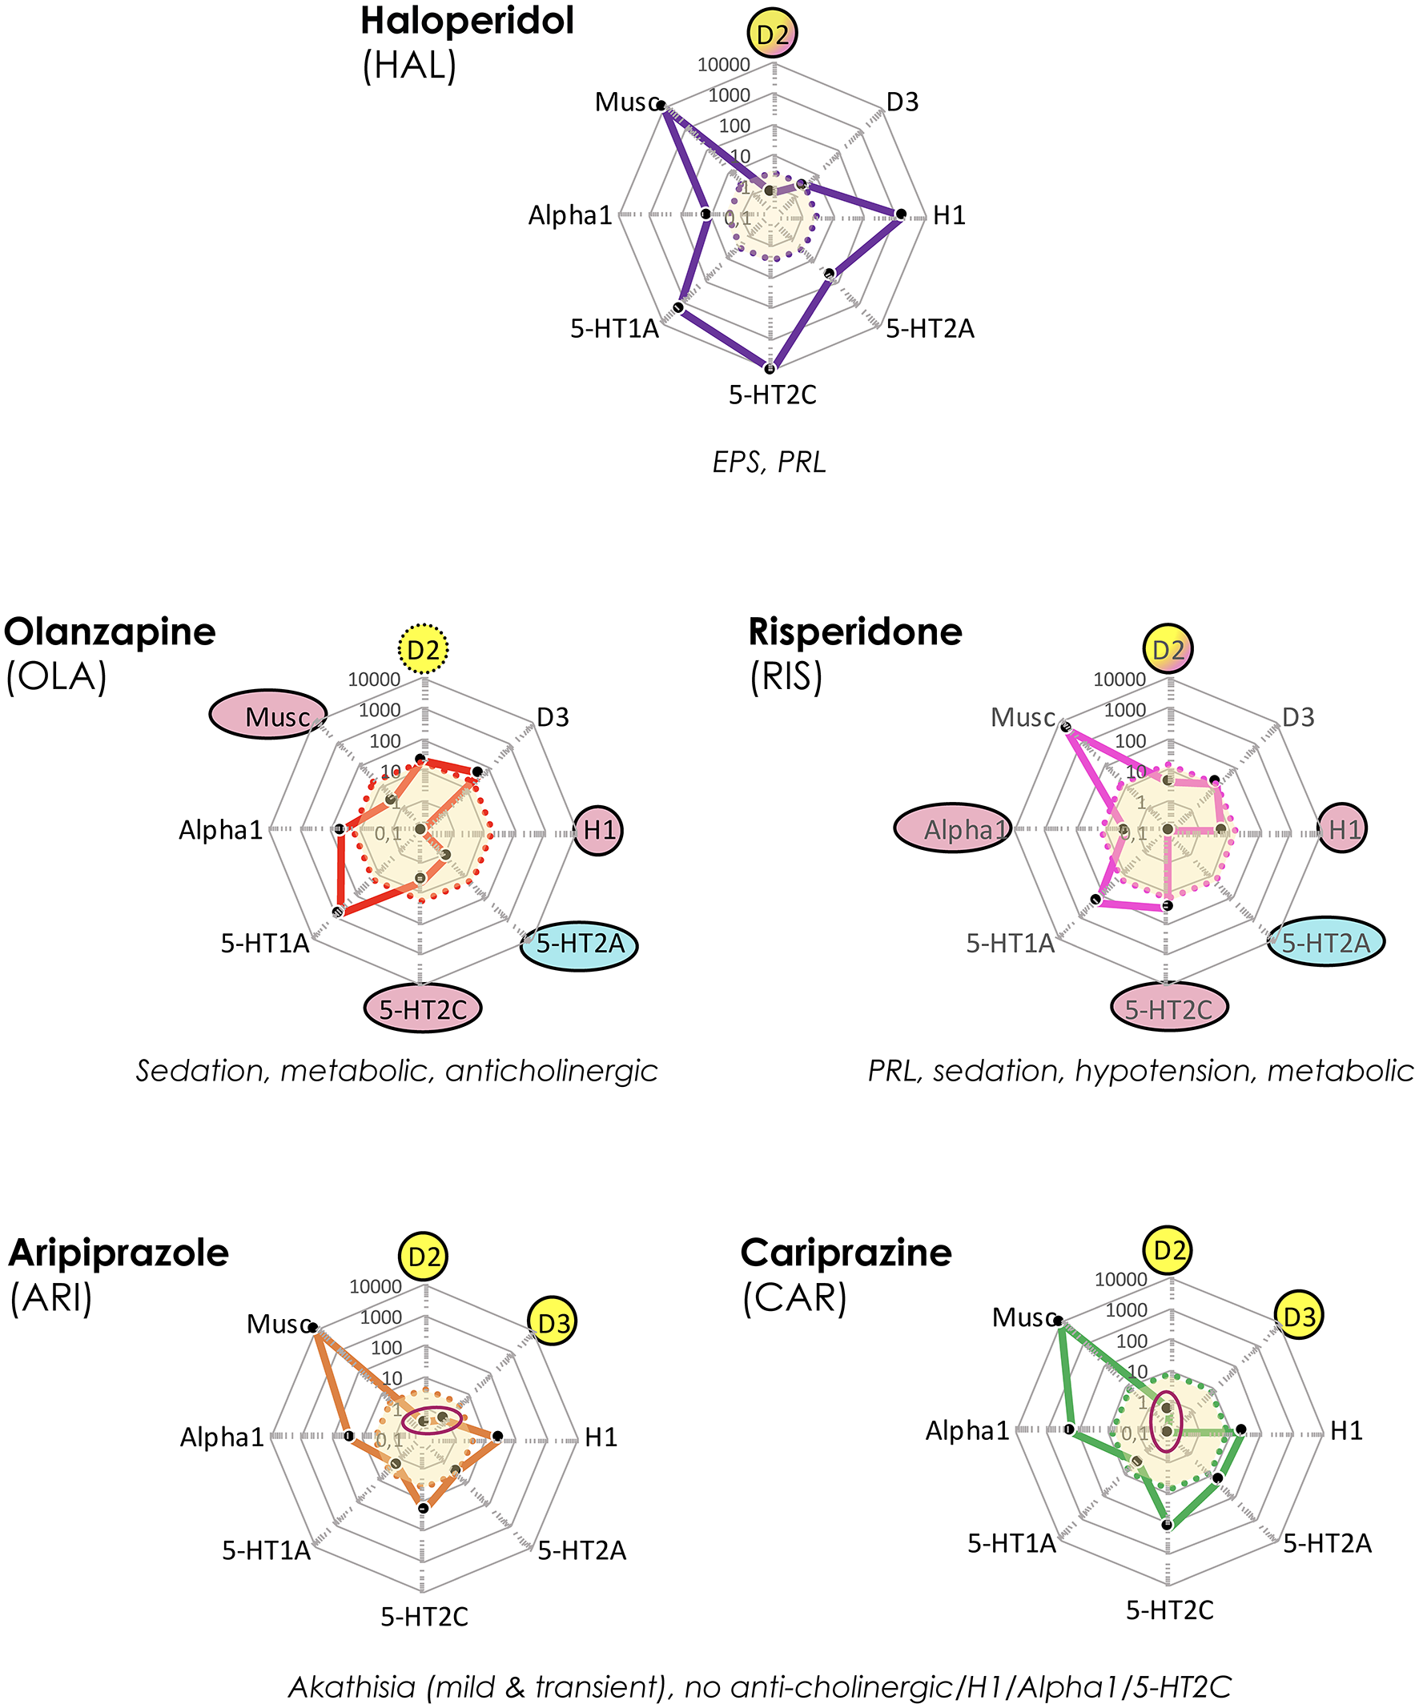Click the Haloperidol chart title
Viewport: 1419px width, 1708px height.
point(467,21)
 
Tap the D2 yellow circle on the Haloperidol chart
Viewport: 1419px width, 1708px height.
point(772,34)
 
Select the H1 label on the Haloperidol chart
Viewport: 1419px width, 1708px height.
point(949,215)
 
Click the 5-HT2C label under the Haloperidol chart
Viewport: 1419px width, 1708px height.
point(772,395)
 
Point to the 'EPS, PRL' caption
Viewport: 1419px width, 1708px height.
point(769,462)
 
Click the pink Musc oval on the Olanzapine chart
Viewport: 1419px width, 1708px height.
point(268,715)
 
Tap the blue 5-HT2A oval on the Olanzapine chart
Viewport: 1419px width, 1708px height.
point(579,944)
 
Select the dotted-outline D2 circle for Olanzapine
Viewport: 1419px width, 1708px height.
point(423,649)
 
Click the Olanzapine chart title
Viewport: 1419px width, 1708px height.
point(110,632)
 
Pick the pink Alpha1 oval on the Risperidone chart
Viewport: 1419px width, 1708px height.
point(953,828)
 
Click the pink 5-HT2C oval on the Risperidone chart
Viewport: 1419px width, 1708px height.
point(1169,1009)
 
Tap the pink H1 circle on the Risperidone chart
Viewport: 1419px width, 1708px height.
point(1344,828)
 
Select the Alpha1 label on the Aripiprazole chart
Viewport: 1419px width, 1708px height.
point(221,1438)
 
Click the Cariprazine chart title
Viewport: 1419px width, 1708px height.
point(846,1253)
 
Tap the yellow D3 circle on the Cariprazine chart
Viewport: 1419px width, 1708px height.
point(1300,1316)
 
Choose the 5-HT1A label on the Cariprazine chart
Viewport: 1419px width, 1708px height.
point(1011,1543)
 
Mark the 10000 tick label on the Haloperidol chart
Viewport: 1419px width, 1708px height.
point(724,65)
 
